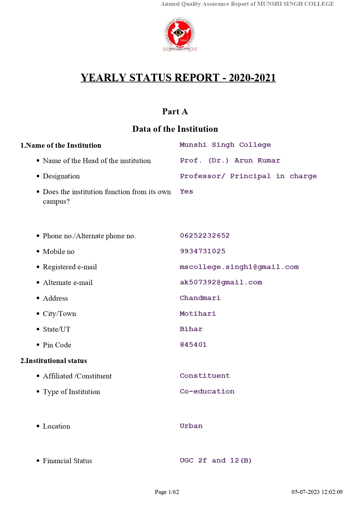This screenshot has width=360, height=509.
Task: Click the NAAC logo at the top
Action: [x=180, y=35]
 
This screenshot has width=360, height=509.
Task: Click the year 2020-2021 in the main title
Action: [x=252, y=78]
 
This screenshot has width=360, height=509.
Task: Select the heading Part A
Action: [x=175, y=112]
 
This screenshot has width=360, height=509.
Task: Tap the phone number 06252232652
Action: [x=205, y=236]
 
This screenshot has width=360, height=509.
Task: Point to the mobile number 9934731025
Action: [x=202, y=251]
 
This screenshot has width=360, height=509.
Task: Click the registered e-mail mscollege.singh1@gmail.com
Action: [x=239, y=267]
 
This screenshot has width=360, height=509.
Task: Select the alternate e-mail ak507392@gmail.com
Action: [x=221, y=282]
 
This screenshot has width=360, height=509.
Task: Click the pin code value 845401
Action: [x=193, y=345]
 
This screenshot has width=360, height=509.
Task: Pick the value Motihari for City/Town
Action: [x=198, y=314]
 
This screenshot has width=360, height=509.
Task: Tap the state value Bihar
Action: [x=191, y=329]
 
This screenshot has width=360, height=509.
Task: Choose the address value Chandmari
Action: [x=200, y=298]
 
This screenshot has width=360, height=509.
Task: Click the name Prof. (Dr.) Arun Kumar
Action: [x=230, y=160]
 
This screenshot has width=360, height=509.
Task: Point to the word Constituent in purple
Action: [x=205, y=376]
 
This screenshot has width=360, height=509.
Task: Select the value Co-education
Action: [x=207, y=391]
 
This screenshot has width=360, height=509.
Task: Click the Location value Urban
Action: [x=191, y=426]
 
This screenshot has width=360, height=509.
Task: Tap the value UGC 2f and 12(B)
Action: [x=216, y=461]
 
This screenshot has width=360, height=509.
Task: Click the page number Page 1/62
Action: [x=167, y=492]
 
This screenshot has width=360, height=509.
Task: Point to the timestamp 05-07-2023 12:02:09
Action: [x=317, y=492]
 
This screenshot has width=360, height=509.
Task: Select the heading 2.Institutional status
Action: [x=54, y=361]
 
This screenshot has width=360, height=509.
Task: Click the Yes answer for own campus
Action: [x=186, y=192]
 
